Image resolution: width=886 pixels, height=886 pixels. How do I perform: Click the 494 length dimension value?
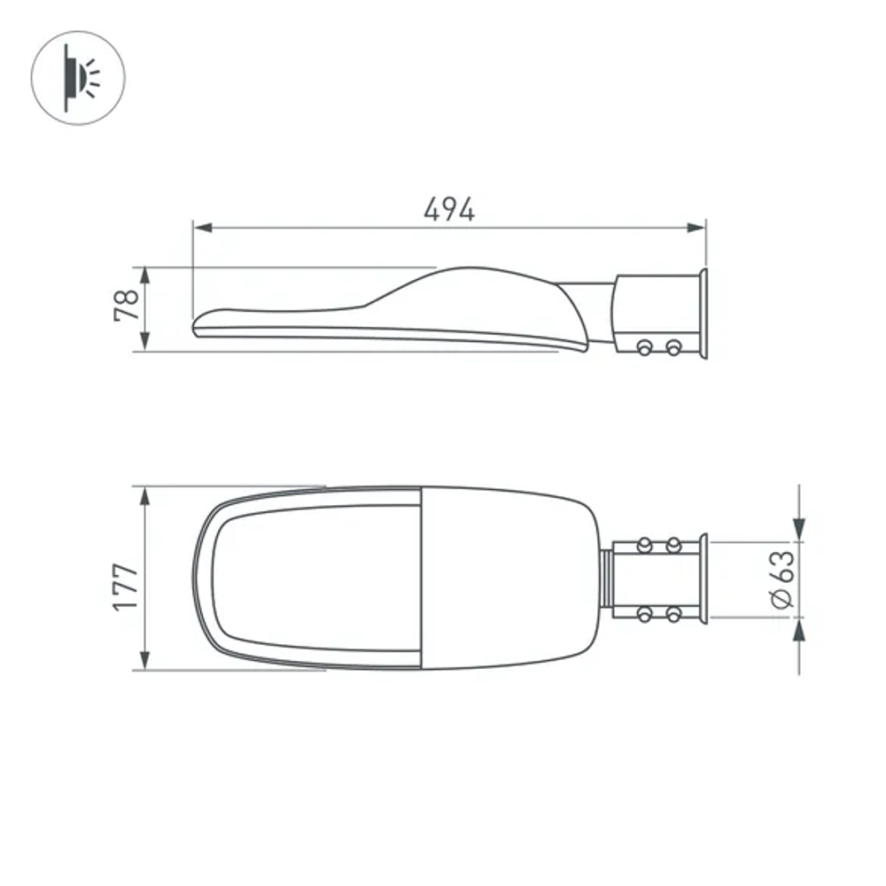click(x=449, y=210)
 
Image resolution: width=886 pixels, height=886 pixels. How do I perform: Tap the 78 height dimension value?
click(x=127, y=305)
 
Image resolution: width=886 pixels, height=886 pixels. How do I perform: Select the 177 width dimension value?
click(x=126, y=587)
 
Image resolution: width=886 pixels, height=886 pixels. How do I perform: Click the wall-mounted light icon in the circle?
click(x=78, y=77)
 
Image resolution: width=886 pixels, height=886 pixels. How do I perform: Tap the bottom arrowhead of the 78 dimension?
click(x=145, y=342)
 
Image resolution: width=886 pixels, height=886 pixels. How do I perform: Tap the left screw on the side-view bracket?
click(x=645, y=347)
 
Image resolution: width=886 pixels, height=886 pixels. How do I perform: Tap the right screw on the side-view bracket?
click(x=673, y=347)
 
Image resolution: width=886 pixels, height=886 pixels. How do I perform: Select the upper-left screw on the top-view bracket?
click(x=645, y=544)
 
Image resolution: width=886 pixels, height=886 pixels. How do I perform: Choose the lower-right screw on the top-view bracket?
click(x=673, y=613)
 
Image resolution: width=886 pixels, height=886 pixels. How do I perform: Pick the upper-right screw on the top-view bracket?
click(x=673, y=544)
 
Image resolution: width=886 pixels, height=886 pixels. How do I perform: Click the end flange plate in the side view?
click(x=703, y=314)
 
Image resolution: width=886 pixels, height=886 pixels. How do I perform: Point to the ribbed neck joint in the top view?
click(x=606, y=578)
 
